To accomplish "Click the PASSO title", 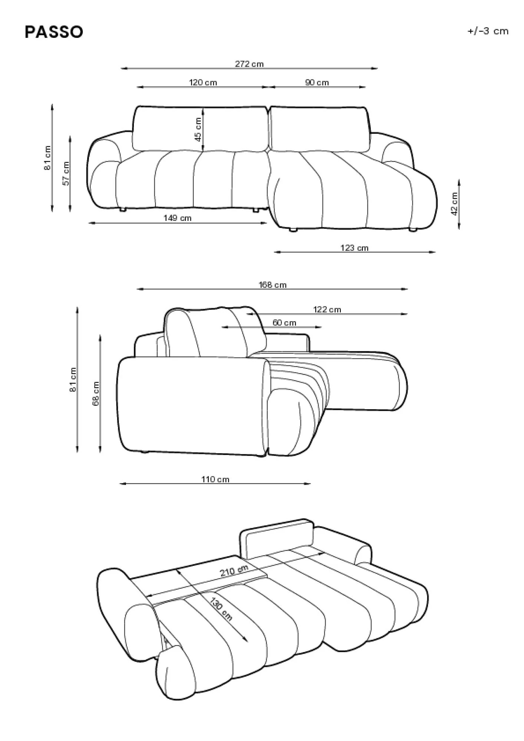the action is (x=54, y=32).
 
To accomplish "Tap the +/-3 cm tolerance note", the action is (x=488, y=31).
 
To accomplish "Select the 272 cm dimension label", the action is (x=249, y=64).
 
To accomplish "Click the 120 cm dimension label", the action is (x=203, y=82).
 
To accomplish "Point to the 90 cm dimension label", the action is (x=317, y=82).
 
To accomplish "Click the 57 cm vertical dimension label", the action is (x=66, y=173).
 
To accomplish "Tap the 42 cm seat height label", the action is (x=454, y=203).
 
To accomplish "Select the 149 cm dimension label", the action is (x=178, y=218).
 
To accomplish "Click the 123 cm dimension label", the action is (x=355, y=248).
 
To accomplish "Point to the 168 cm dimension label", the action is (x=273, y=285).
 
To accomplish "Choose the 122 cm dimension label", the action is (x=327, y=309).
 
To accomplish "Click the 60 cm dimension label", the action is (x=284, y=323).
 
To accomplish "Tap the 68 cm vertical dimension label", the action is (x=96, y=394).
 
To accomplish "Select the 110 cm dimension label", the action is (x=215, y=479).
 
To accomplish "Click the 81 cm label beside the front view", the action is (x=47, y=158).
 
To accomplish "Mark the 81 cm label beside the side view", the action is (x=73, y=379).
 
